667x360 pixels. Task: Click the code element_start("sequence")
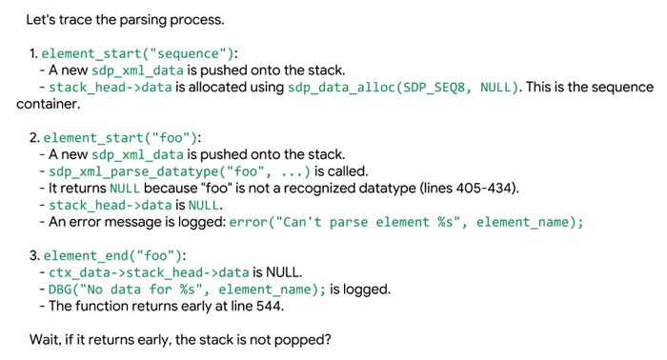(x=137, y=53)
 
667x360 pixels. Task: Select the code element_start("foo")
(x=120, y=138)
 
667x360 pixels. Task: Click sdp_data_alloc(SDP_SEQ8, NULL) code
(x=403, y=87)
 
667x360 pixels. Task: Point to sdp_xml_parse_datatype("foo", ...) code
(x=179, y=171)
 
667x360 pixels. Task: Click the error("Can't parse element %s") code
(x=406, y=222)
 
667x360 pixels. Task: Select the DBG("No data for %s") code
(x=187, y=290)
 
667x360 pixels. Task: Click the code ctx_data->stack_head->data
(x=149, y=272)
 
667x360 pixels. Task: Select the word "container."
(x=48, y=104)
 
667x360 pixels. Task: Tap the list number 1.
(x=33, y=53)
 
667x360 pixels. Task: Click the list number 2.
(x=34, y=138)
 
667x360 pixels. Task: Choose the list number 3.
(x=34, y=255)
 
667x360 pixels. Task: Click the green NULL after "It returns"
(x=125, y=189)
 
